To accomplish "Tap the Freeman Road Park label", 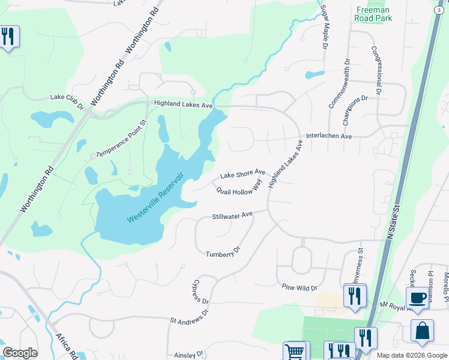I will coord(374,14).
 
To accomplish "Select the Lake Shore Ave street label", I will coord(243,175).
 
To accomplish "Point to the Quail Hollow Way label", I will coord(240,188).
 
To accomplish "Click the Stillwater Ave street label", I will coord(232,215).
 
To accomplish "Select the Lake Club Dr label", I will coord(68,101).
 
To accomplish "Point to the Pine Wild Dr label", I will coord(300,287).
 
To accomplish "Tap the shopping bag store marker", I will coord(422,331).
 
